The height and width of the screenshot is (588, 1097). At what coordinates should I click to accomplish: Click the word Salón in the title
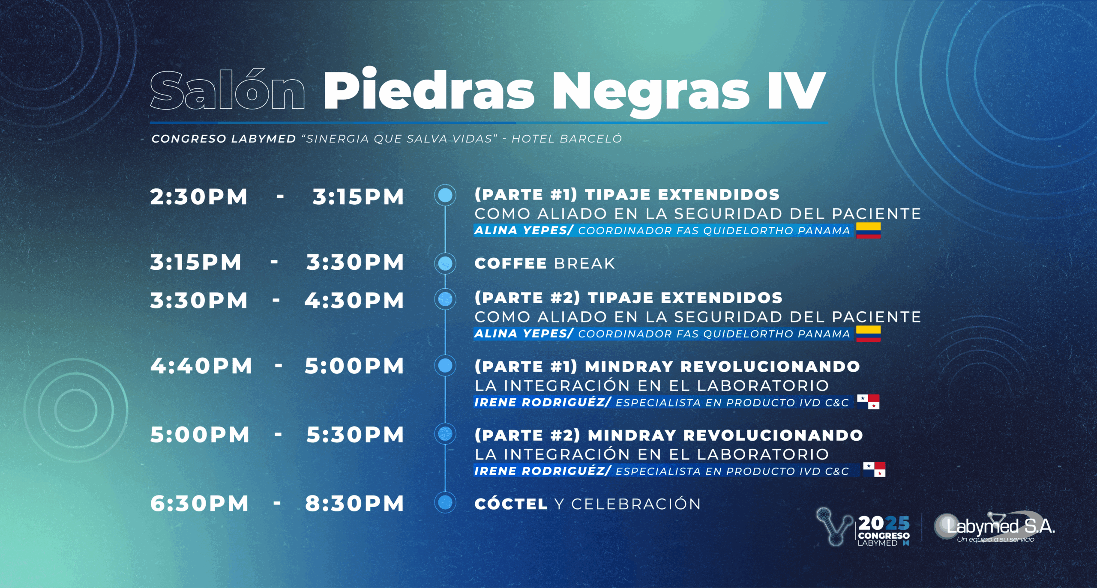coord(228,90)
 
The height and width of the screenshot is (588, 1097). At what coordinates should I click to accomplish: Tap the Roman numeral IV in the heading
coord(797,91)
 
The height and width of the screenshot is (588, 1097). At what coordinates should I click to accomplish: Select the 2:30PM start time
coord(199,197)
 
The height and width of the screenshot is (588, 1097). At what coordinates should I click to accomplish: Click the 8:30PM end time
coord(354,504)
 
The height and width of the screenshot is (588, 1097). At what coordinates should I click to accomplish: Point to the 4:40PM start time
coord(201,366)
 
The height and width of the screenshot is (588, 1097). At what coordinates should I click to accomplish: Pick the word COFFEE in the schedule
coord(510,263)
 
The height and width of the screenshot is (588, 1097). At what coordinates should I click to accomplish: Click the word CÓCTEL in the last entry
coord(511,504)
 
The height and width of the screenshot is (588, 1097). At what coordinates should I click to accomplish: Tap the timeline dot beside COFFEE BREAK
coord(445,263)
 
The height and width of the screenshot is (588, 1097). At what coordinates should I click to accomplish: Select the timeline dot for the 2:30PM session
coord(445,195)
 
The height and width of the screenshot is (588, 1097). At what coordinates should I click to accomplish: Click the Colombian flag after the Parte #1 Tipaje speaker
coord(868,230)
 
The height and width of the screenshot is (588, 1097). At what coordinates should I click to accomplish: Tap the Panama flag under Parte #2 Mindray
coord(874,469)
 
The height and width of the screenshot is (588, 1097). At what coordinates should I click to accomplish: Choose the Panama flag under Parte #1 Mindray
coord(868,402)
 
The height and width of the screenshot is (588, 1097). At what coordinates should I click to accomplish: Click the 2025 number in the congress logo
coord(884,523)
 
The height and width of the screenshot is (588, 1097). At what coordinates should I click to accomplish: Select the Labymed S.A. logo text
coord(1000,526)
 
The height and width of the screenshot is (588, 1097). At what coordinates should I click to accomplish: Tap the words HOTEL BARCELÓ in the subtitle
coord(566,139)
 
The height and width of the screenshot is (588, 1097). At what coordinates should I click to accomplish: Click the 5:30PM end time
coord(355,435)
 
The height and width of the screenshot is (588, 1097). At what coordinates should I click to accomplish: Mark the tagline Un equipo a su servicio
coord(995,540)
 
